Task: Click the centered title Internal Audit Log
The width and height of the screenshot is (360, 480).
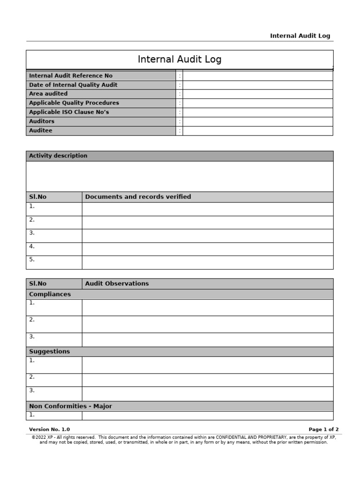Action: click(x=180, y=60)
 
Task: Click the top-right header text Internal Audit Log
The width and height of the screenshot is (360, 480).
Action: click(x=300, y=36)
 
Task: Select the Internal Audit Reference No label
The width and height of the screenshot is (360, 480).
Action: click(x=71, y=75)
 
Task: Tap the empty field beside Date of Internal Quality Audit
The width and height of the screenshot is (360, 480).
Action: click(x=257, y=85)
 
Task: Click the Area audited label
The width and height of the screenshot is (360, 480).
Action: click(x=48, y=94)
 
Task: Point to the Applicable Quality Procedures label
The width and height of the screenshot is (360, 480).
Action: click(x=74, y=103)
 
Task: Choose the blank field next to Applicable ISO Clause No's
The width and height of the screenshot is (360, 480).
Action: click(x=257, y=112)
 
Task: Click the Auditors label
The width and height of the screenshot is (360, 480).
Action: click(x=42, y=121)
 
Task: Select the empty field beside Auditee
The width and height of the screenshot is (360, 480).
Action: click(x=257, y=131)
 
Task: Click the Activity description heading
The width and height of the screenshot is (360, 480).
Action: click(x=58, y=156)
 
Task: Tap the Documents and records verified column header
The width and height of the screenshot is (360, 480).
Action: click(x=138, y=197)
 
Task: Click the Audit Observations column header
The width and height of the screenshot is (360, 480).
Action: click(x=117, y=284)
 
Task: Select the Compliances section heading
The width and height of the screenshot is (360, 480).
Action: click(x=50, y=294)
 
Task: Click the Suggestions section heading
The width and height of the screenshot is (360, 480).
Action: click(x=50, y=352)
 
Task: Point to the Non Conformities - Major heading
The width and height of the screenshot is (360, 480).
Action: click(x=71, y=406)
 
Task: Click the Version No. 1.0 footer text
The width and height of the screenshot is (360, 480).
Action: click(x=49, y=429)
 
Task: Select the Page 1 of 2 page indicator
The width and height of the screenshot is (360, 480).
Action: click(x=323, y=429)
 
